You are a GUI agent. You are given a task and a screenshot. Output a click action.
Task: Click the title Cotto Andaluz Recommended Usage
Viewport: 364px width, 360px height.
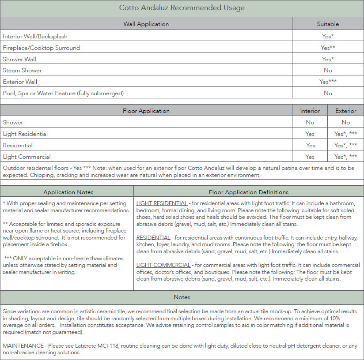182,8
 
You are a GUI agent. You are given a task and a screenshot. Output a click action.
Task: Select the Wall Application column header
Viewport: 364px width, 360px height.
146,24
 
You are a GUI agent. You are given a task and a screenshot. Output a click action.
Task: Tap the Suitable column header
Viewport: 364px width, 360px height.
328,24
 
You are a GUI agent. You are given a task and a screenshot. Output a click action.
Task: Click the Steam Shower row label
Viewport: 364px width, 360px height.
23,70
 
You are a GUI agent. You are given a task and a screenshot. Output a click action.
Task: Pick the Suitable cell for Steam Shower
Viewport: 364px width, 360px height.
328,70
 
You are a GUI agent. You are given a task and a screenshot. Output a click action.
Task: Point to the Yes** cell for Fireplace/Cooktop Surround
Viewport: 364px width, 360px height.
328,48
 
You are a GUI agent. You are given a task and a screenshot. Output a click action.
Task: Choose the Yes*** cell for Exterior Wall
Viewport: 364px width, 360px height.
328,82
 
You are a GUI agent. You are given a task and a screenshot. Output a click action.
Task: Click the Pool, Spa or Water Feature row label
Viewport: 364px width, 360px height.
63,93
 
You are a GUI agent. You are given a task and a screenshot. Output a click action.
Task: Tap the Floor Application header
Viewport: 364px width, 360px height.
146,111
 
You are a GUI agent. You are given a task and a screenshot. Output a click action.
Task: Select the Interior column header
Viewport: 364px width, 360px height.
310,111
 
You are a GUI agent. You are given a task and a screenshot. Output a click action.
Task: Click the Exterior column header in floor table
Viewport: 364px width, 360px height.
346,111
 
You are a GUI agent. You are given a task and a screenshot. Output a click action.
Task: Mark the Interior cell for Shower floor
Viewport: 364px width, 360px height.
310,122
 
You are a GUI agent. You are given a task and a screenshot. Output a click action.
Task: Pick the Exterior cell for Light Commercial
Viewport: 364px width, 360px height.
346,157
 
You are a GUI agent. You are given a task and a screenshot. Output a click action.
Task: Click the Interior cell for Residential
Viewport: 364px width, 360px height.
311,145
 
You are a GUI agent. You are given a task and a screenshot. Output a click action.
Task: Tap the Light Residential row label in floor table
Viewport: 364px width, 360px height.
25,134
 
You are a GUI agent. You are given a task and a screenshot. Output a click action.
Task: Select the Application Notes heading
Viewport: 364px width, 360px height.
68,192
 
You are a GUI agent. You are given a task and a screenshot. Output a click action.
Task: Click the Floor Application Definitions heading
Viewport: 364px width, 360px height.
248,192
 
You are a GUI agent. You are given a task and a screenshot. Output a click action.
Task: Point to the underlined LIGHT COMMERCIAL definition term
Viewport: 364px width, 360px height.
163,265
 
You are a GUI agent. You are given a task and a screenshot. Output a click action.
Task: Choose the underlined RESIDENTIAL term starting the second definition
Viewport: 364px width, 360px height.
153,238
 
